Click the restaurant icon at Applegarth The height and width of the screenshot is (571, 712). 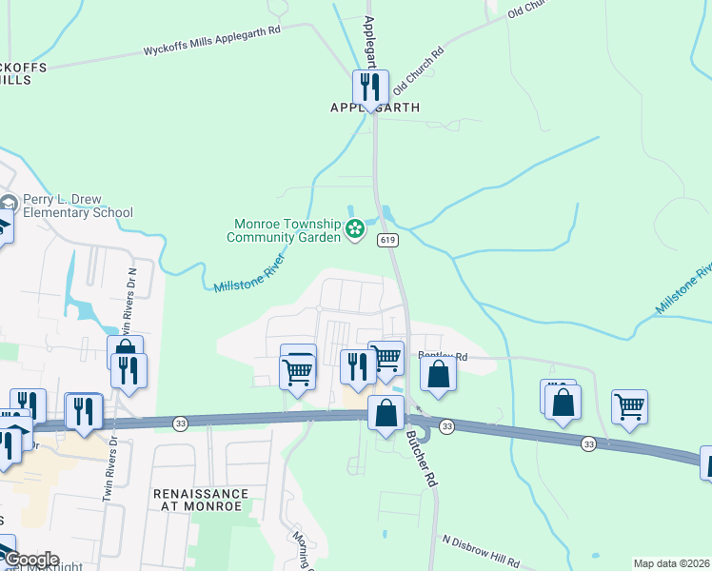[370, 88]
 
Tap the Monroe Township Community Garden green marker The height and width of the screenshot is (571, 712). [355, 228]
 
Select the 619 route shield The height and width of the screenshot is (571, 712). [386, 240]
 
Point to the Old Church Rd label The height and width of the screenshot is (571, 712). [420, 68]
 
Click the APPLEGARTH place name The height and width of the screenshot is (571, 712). [374, 108]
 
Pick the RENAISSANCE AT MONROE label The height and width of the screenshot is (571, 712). [201, 501]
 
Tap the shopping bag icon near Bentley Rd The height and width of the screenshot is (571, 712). [438, 373]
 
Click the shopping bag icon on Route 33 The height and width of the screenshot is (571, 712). [386, 413]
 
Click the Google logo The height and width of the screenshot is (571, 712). [30, 560]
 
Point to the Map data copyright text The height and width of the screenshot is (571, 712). [672, 563]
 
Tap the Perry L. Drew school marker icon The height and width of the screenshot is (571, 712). [10, 204]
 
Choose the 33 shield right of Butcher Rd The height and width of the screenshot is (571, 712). [447, 426]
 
